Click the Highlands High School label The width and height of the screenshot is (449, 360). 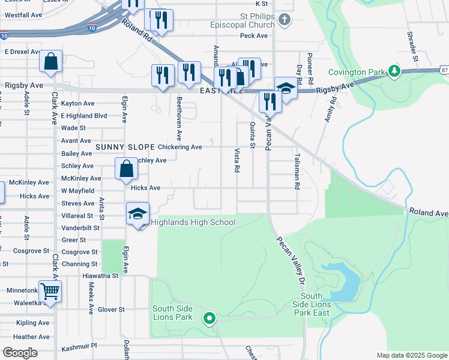193,223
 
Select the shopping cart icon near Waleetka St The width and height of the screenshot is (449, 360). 50,292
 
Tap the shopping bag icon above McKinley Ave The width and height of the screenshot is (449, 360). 127,169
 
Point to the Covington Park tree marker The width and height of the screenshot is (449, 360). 394,72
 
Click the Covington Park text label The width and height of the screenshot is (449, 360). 356,73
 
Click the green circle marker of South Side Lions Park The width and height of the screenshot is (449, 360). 209,318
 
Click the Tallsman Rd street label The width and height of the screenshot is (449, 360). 297,170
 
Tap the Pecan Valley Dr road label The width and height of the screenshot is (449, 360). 291,256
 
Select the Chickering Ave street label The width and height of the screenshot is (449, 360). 180,147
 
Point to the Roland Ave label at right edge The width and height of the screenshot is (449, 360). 429,213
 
